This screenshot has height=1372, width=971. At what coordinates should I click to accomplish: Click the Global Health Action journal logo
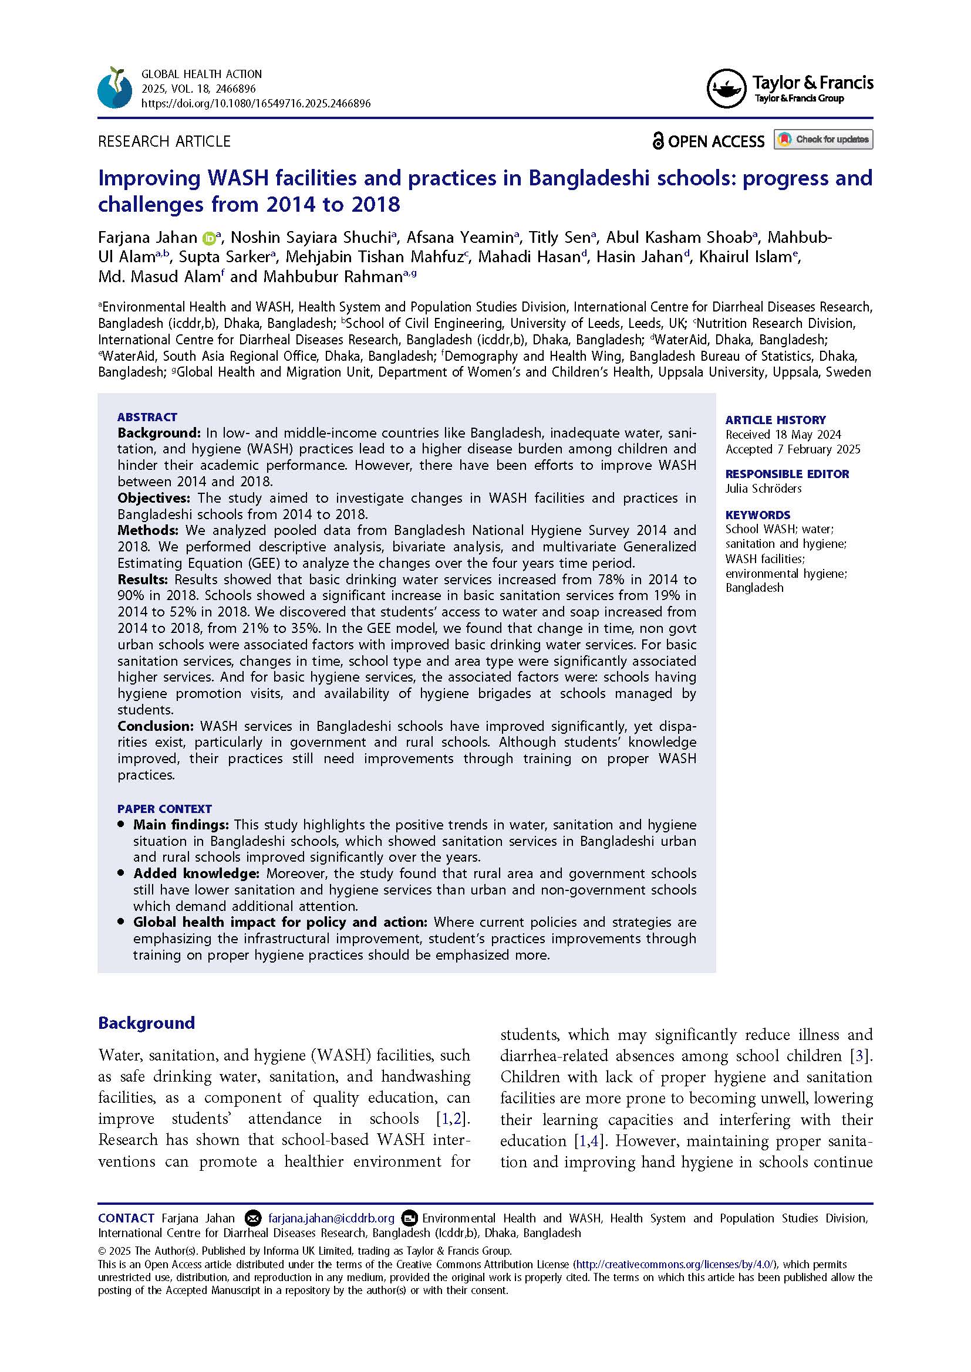pos(115,88)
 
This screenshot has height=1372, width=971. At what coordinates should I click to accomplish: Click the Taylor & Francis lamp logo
pos(726,89)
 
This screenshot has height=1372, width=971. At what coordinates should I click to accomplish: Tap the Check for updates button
pos(822,139)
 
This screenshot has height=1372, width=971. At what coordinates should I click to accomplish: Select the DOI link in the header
pos(255,103)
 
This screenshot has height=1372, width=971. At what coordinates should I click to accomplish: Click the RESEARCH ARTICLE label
pos(164,141)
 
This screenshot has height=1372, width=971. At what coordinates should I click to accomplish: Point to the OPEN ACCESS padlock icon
pos(658,141)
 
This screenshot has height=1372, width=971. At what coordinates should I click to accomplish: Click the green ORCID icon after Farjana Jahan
pos(208,238)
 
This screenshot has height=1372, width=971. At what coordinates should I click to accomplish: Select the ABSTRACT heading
pos(147,417)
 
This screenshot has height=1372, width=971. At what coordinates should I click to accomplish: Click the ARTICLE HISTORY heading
pos(775,419)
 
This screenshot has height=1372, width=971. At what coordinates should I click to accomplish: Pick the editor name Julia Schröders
pos(763,488)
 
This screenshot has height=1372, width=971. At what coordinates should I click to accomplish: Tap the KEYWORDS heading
pos(757,514)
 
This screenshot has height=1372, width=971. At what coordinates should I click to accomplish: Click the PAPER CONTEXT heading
pos(164,808)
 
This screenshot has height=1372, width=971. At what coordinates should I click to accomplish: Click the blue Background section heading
pos(147,1022)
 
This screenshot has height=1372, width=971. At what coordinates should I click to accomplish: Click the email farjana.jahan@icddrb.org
pos(331,1218)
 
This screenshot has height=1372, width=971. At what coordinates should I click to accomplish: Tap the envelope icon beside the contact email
pos(254,1218)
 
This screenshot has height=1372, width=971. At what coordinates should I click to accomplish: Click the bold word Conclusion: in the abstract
pos(156,726)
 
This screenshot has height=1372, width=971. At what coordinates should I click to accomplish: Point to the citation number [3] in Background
pos(860,1055)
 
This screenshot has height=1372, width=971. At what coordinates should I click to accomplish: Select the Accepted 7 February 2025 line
pos(792,449)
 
